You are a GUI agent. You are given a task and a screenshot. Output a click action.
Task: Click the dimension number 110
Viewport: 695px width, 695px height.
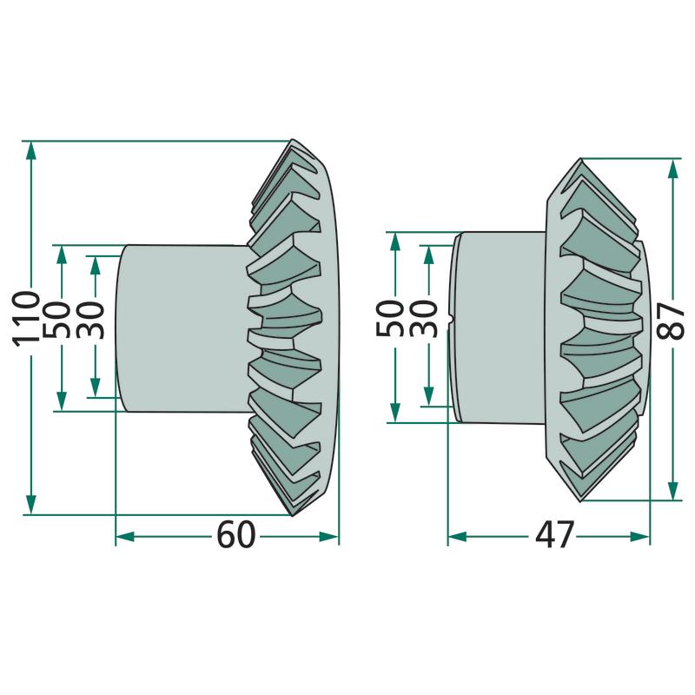click(26, 319)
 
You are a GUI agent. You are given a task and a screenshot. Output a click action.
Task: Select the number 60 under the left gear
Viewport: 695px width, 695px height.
click(236, 534)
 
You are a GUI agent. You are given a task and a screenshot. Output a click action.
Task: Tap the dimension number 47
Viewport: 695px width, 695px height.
click(554, 534)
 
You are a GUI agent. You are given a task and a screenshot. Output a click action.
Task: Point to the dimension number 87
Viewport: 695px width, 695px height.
click(671, 321)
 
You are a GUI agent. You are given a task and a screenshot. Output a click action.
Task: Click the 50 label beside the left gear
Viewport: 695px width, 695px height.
click(57, 320)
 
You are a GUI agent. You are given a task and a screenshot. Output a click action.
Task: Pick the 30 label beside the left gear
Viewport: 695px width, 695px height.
click(90, 320)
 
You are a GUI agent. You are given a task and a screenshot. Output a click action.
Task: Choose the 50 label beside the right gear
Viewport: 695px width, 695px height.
click(389, 319)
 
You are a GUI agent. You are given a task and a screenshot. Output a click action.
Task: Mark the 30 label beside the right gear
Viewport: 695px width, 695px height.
click(423, 319)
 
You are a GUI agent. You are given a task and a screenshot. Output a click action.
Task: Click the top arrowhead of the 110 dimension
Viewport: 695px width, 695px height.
click(31, 151)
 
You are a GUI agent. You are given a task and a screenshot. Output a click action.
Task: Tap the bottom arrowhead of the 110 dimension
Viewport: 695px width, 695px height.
click(31, 505)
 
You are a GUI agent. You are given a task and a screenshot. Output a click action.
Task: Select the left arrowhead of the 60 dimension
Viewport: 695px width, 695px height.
click(125, 537)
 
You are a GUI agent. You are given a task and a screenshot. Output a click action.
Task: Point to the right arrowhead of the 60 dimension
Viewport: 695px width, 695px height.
click(328, 537)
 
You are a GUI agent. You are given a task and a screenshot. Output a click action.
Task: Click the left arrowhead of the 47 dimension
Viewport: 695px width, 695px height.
click(458, 537)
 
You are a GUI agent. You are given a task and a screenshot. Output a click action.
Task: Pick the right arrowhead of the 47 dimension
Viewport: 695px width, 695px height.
click(639, 537)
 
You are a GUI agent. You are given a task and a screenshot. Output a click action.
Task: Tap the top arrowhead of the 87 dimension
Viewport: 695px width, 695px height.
click(672, 169)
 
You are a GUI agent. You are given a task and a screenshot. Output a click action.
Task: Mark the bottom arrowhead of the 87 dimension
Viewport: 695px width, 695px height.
click(672, 491)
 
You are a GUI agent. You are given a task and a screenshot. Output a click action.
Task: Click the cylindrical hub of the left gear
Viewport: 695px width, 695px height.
click(182, 328)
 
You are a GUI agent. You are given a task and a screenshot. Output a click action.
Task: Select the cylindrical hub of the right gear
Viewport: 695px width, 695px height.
click(499, 328)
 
